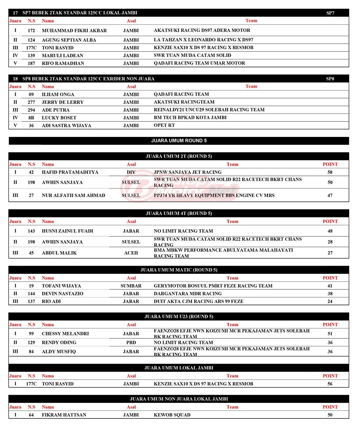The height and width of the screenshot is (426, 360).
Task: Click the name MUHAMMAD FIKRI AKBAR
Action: pos(74,31)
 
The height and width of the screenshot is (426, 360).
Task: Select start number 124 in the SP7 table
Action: pos(31,40)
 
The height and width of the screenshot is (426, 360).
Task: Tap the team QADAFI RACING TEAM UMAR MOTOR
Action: pos(199,63)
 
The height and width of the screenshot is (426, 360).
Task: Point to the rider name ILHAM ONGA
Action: pos(58,94)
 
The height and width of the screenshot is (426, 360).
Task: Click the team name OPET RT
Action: pos(164,125)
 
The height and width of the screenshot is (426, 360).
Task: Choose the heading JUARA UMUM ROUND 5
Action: pos(179,141)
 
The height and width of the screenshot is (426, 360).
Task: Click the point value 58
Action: pos(330,172)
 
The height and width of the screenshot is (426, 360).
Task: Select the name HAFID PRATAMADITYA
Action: pos(70,172)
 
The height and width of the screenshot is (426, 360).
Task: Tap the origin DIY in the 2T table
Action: pos(131,172)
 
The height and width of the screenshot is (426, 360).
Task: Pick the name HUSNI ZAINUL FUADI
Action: pos(67,231)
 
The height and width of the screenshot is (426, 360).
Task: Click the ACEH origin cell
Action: pos(131,253)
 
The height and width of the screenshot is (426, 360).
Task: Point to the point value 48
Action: pos(330,231)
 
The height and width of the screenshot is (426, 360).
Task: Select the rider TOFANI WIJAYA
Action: pos(61,286)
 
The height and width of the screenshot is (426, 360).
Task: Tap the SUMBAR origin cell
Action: pos(131,286)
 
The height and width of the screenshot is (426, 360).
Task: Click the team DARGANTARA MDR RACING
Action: pos(188,294)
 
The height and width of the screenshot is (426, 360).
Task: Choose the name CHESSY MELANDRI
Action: pos(65,334)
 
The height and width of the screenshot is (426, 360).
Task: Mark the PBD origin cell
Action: pos(131,343)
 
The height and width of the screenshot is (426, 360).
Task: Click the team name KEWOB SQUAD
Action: pos(172,415)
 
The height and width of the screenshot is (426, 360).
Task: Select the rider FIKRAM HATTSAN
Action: pos(64,415)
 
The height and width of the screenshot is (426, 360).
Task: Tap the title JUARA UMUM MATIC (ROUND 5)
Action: pos(179,270)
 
